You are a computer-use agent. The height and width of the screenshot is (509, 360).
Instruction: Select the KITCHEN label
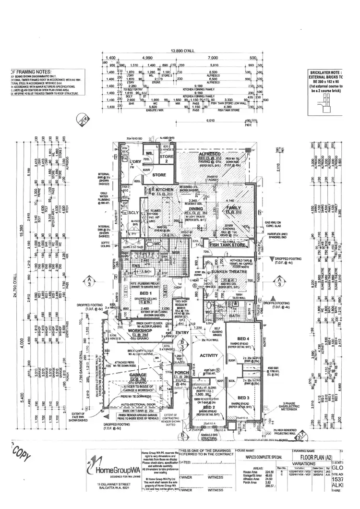163,190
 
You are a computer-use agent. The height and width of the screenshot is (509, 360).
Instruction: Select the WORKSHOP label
127,330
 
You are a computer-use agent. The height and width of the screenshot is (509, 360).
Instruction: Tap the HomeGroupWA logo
110,470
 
